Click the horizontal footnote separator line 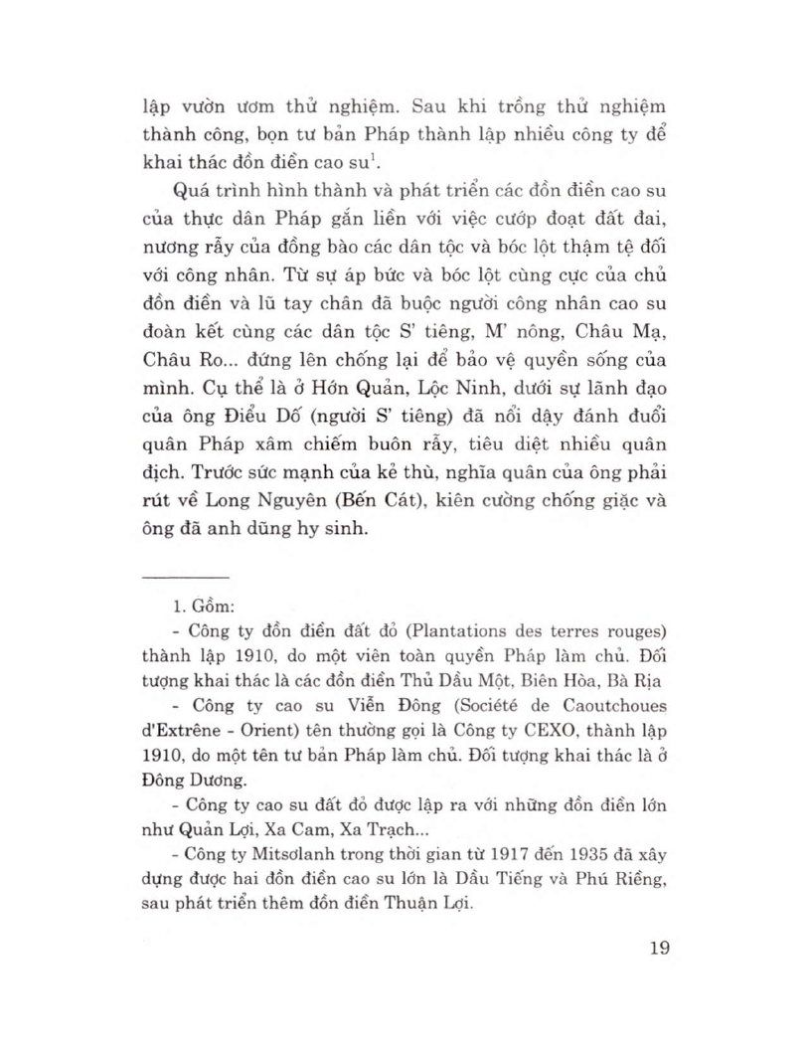pos(186,577)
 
